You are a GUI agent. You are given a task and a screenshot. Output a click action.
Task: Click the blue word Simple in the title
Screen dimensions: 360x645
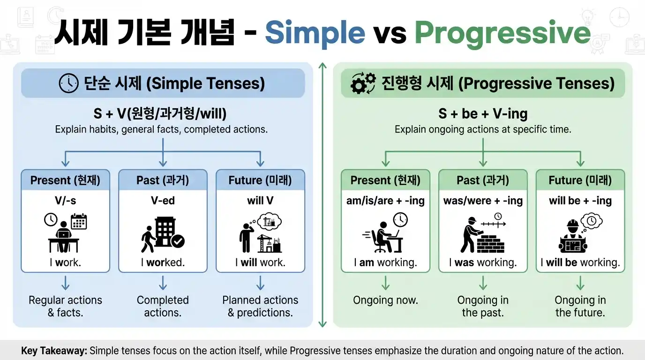pyautogui.click(x=315, y=33)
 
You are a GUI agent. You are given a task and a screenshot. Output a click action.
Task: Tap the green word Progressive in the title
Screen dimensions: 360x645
pyautogui.click(x=502, y=33)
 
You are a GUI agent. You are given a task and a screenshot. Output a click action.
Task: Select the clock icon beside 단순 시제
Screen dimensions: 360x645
pyautogui.click(x=68, y=83)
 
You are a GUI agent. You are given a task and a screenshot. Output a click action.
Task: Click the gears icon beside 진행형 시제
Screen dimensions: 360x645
pyautogui.click(x=363, y=83)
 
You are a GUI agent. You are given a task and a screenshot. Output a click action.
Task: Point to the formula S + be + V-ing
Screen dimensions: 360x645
pyautogui.click(x=483, y=113)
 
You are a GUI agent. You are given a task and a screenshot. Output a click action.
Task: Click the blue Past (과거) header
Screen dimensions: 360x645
pyautogui.click(x=163, y=180)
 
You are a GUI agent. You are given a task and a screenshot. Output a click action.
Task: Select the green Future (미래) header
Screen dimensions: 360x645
pyautogui.click(x=580, y=180)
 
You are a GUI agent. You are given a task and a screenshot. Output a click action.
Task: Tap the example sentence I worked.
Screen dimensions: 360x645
pyautogui.click(x=163, y=262)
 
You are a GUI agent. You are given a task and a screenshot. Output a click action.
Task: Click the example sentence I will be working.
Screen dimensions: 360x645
pyautogui.click(x=580, y=262)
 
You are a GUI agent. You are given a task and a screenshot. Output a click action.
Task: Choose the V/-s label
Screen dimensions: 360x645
pyautogui.click(x=65, y=201)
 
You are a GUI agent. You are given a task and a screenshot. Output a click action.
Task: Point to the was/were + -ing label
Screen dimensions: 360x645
pyautogui.click(x=483, y=201)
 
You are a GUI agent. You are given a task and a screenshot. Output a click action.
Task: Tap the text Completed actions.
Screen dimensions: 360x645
pyautogui.click(x=163, y=306)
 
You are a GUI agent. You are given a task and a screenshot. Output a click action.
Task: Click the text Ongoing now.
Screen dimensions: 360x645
pyautogui.click(x=385, y=300)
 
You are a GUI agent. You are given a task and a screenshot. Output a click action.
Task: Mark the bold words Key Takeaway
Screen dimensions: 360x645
pyautogui.click(x=53, y=351)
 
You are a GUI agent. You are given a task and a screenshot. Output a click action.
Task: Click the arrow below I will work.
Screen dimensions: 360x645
pyautogui.click(x=260, y=283)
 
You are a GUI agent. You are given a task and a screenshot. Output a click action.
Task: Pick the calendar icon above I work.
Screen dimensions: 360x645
pyautogui.click(x=79, y=221)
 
